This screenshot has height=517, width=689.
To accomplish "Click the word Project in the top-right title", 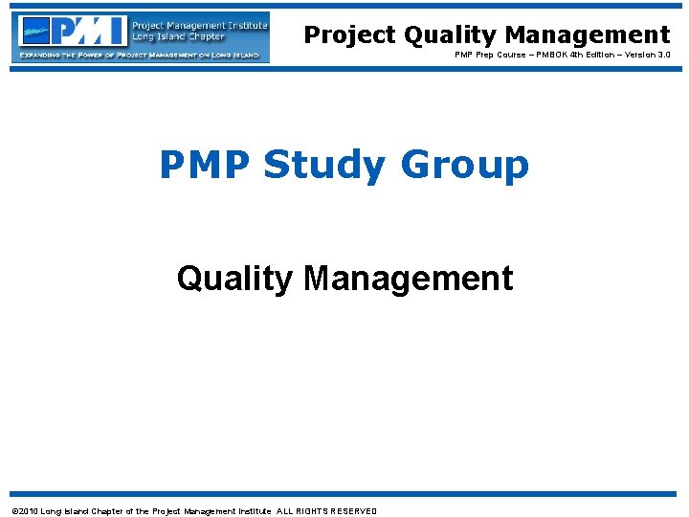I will pyautogui.click(x=349, y=35).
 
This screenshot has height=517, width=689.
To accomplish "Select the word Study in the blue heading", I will pyautogui.click(x=322, y=165).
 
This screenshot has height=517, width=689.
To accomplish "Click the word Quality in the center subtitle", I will pyautogui.click(x=234, y=279).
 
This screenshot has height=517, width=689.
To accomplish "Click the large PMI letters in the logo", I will pyautogui.click(x=91, y=32).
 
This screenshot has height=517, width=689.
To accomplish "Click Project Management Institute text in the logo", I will pyautogui.click(x=198, y=26).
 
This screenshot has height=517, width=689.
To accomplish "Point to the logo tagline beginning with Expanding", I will pyautogui.click(x=141, y=55).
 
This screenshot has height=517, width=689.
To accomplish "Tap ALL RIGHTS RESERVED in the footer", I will pyautogui.click(x=327, y=511).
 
